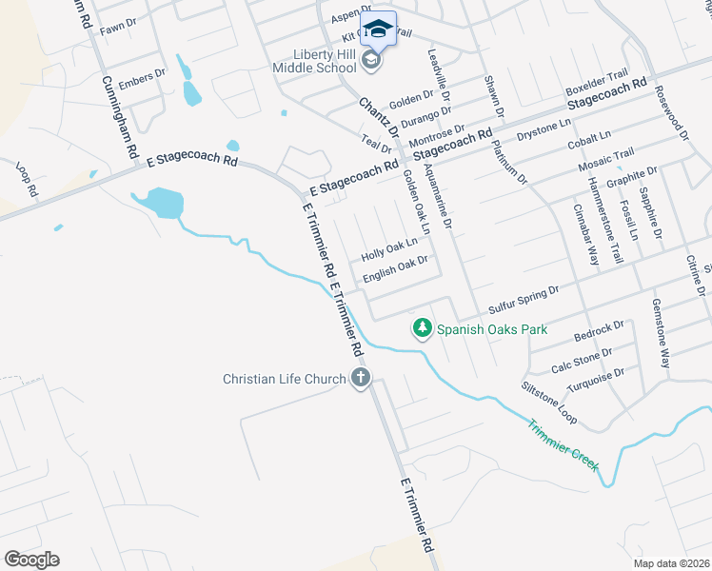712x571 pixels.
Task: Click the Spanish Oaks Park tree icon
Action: [x=422, y=329]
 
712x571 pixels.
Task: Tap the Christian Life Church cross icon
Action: [x=360, y=379]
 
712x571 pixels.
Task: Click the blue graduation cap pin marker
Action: [x=378, y=29]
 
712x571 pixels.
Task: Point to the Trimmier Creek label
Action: [x=564, y=443]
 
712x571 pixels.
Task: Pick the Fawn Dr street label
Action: [x=118, y=28]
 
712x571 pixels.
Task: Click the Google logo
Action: [x=31, y=559]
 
